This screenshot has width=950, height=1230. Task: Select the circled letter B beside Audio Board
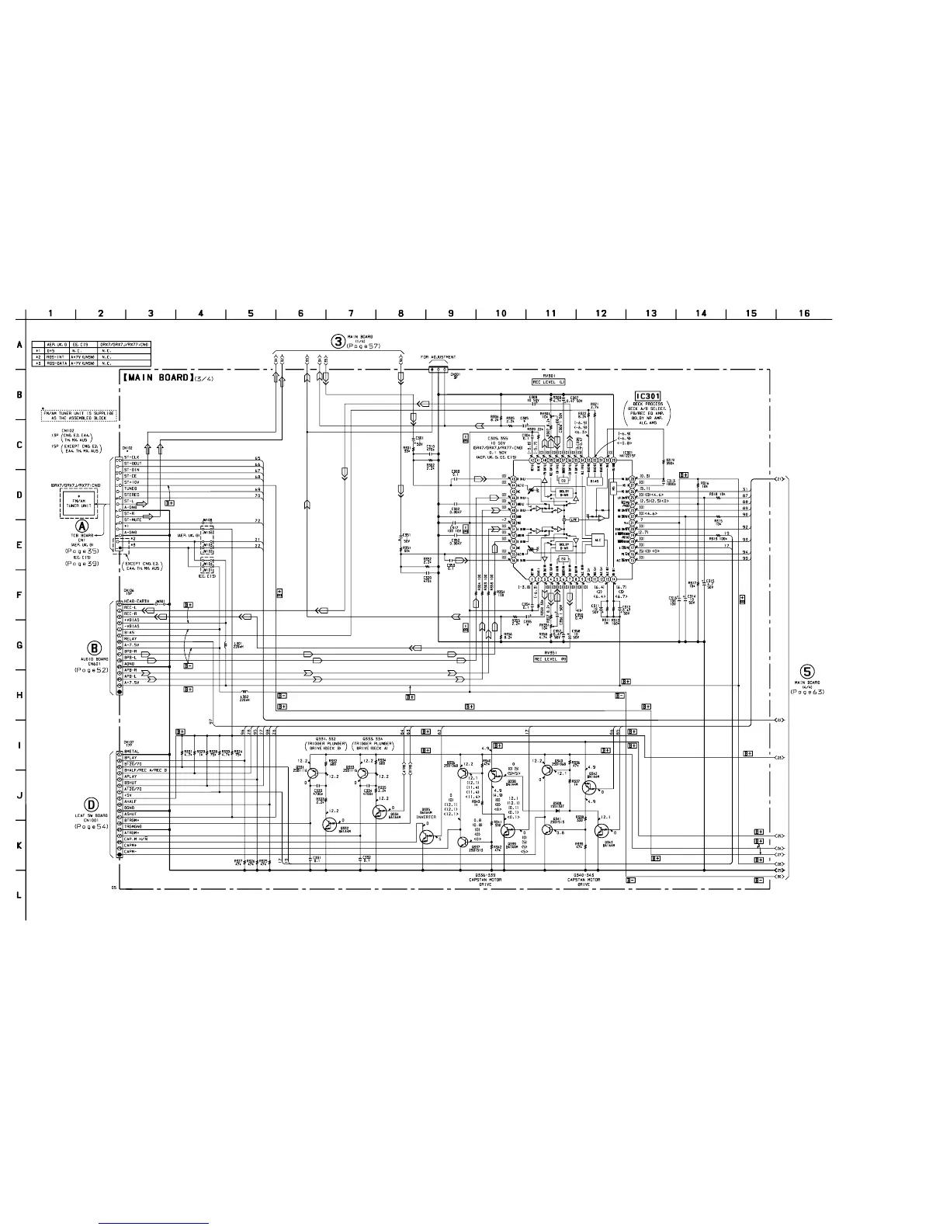click(x=95, y=647)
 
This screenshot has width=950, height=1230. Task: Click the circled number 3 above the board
click(x=338, y=340)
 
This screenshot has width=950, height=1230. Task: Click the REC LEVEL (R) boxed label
click(x=550, y=658)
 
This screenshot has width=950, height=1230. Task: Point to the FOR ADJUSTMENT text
click(x=439, y=357)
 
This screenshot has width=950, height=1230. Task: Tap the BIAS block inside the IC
click(x=595, y=481)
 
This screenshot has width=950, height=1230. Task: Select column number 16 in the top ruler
click(x=804, y=313)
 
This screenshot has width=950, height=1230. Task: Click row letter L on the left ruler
click(x=19, y=895)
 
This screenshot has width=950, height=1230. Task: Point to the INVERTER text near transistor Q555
click(x=426, y=817)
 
